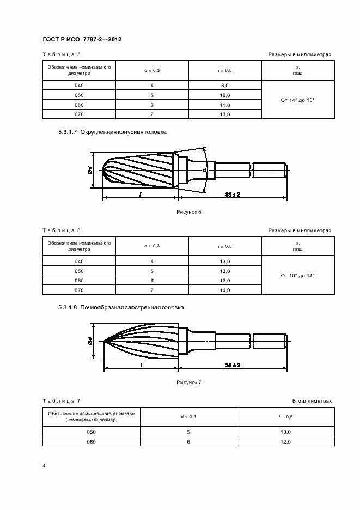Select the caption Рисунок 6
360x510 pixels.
pyautogui.click(x=189, y=211)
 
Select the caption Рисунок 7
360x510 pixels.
pyautogui.click(x=189, y=382)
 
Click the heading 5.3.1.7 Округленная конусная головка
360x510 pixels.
pyautogui.click(x=112, y=132)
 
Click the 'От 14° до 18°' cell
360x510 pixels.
pyautogui.click(x=298, y=100)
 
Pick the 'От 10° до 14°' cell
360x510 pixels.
pyautogui.click(x=298, y=276)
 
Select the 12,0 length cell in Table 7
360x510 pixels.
pyautogui.click(x=285, y=441)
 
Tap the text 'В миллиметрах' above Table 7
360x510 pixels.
pyautogui.click(x=312, y=401)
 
